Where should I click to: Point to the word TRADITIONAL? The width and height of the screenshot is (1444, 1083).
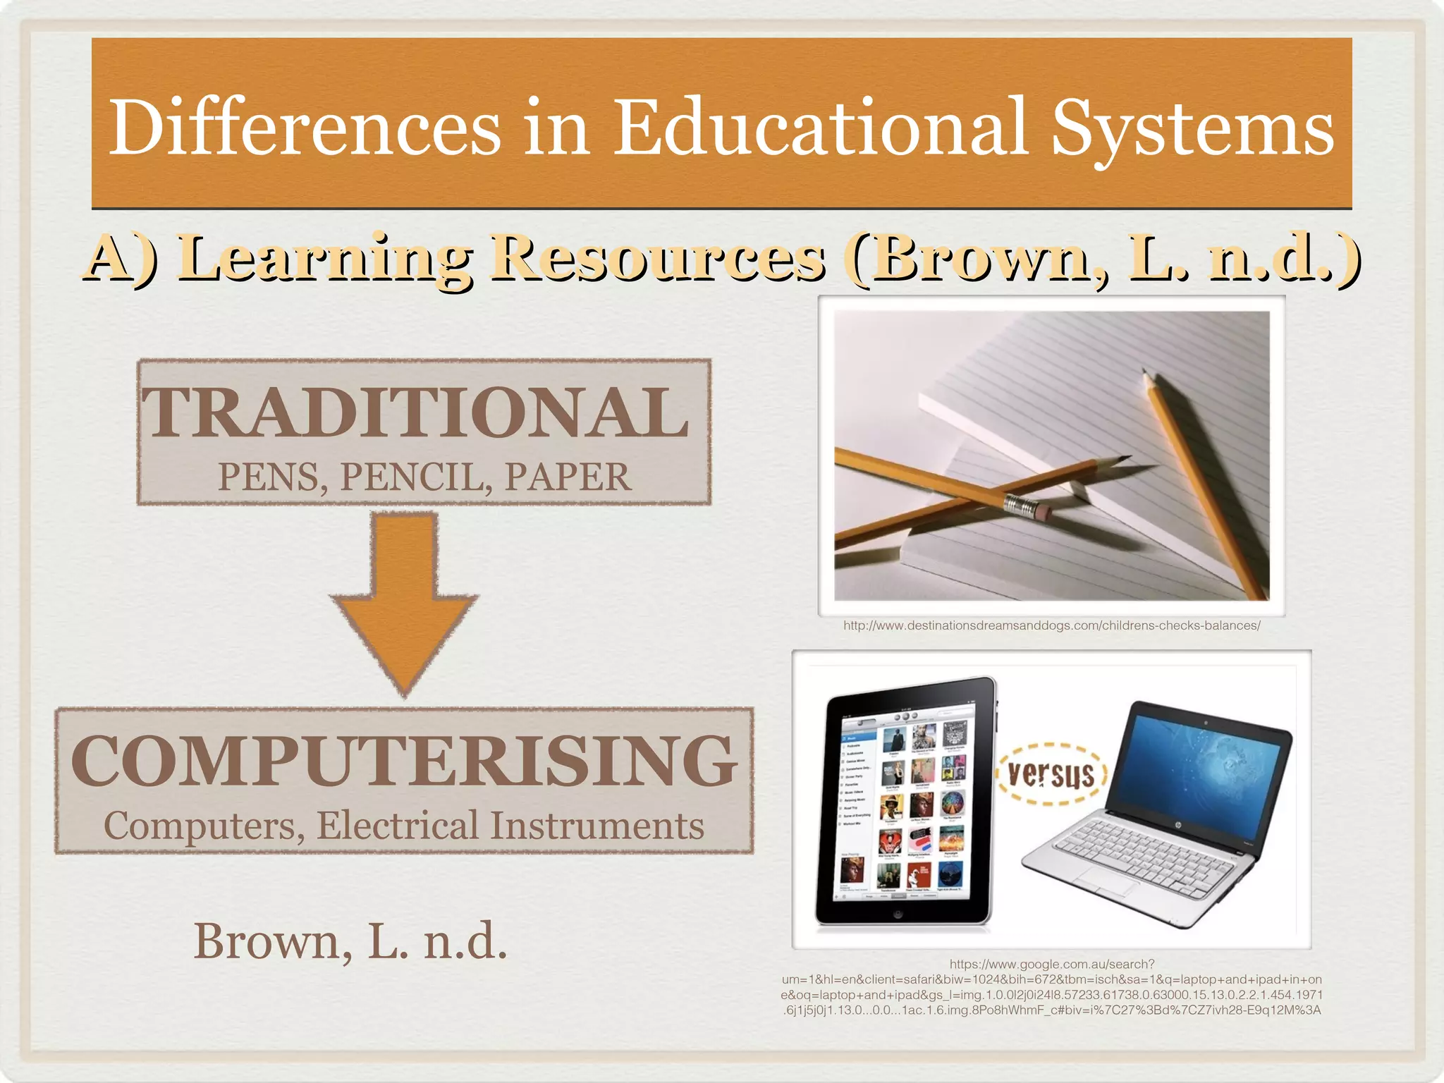click(416, 412)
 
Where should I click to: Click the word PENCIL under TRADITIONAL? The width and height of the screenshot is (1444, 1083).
click(416, 477)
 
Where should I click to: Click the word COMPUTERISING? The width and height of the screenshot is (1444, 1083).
click(403, 761)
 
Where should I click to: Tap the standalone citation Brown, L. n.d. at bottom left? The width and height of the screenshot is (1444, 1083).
click(350, 941)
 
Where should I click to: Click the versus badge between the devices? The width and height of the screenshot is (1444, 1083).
click(1051, 774)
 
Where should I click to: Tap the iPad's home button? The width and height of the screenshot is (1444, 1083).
click(898, 914)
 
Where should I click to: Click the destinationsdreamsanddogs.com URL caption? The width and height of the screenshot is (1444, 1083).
click(1051, 625)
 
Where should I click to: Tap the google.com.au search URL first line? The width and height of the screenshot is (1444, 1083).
click(1051, 964)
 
